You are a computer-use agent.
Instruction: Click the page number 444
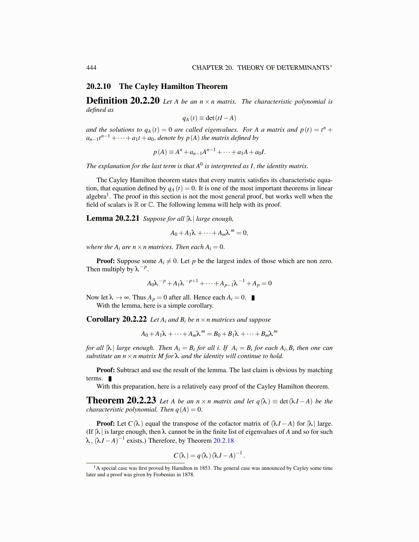[91, 68]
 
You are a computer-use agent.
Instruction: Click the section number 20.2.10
[99, 87]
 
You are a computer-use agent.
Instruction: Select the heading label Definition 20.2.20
[123, 101]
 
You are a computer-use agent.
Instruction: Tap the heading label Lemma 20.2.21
[113, 218]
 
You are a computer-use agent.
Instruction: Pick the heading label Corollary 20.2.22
[116, 319]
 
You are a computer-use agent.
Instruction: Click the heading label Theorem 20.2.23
[121, 400]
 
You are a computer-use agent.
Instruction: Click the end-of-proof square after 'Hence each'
[253, 298]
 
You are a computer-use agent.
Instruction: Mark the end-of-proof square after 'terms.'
[110, 378]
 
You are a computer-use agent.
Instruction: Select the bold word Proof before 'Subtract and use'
[105, 370]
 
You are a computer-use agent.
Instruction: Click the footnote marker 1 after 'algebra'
[108, 194]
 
